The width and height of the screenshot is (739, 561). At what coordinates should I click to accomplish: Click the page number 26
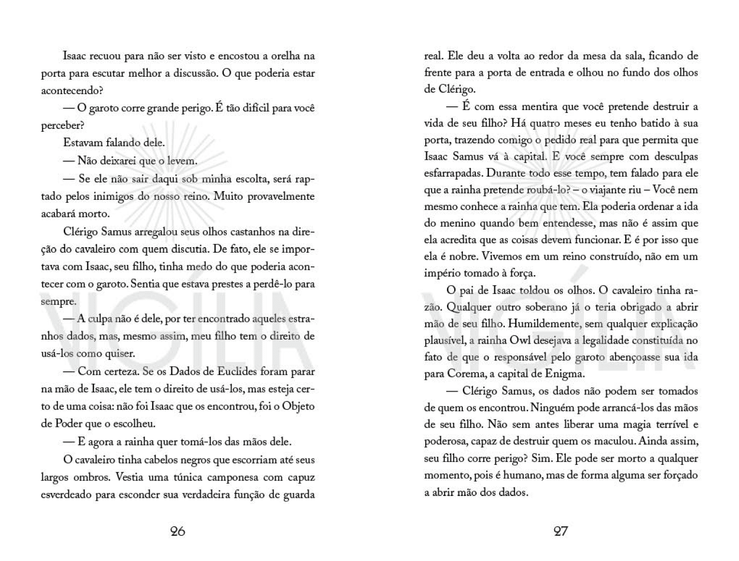[178, 531]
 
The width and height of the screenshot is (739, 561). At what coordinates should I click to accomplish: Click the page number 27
[560, 531]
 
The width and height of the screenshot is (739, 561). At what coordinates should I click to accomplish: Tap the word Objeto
[298, 407]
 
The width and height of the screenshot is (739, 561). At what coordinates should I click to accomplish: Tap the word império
[442, 273]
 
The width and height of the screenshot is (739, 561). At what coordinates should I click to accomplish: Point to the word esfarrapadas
[453, 173]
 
